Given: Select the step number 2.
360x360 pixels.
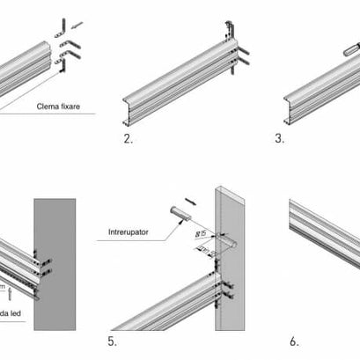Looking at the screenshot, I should click(129, 139).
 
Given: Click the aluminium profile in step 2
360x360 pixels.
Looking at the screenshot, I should click(176, 84).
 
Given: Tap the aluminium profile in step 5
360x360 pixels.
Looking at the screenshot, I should click(167, 304).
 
